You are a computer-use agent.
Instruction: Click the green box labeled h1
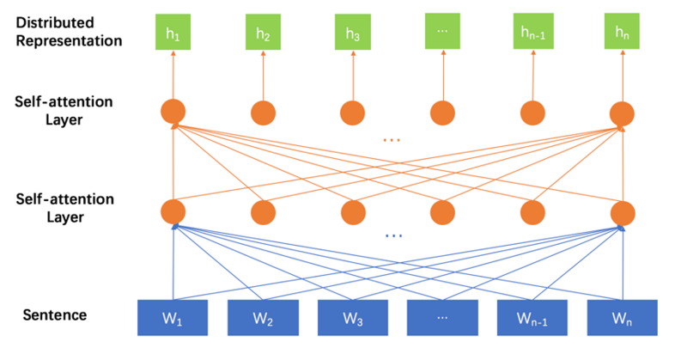point(173,33)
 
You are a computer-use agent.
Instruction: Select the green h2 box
point(263,34)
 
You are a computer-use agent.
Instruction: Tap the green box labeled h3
point(352,34)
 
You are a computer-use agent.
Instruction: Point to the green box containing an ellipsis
point(442,32)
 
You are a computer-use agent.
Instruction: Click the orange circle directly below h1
point(173,112)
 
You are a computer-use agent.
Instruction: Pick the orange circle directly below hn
point(622,112)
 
